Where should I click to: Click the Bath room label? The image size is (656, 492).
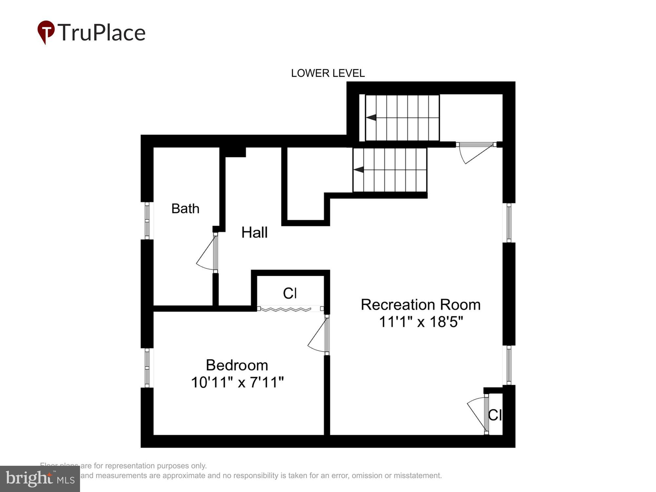[185, 209]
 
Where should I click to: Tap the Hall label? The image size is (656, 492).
[255, 233]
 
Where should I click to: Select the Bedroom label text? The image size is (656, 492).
[237, 365]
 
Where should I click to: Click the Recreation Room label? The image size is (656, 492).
[420, 305]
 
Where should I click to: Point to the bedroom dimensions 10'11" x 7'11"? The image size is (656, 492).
[237, 382]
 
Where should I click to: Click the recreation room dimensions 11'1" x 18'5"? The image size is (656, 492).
[421, 322]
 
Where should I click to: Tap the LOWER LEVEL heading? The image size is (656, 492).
[328, 73]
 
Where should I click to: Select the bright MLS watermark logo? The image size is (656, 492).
[40, 479]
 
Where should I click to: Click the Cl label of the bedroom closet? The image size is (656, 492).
[290, 293]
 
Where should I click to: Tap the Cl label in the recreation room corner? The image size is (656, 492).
[495, 415]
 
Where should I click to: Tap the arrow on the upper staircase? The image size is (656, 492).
[371, 117]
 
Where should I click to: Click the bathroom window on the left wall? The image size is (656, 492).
[147, 221]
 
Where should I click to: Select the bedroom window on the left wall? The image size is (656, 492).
[147, 367]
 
